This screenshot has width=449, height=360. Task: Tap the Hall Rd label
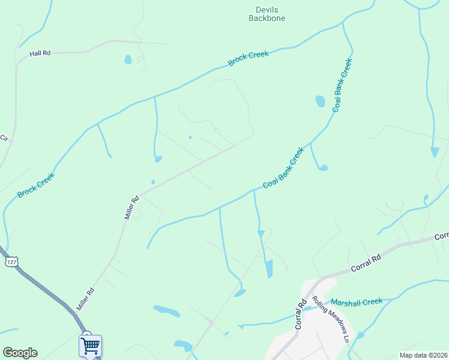click(x=40, y=53)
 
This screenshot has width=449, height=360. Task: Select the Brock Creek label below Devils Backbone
click(x=248, y=58)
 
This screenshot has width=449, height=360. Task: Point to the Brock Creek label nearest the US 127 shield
click(x=36, y=185)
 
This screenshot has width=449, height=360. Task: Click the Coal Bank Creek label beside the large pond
click(x=341, y=85)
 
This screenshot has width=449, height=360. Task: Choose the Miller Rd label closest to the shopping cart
click(x=85, y=299)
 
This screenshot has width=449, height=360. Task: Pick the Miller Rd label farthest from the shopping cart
click(x=131, y=206)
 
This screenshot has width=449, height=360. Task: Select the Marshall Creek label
click(x=357, y=301)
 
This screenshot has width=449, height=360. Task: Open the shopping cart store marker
click(x=90, y=345)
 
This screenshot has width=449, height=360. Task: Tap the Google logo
click(x=20, y=353)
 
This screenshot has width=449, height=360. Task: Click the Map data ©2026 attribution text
click(x=423, y=355)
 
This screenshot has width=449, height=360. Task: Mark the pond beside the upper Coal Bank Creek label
click(x=320, y=101)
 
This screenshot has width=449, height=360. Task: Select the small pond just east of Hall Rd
click(x=128, y=59)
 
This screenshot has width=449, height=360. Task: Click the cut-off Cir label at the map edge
click(x=4, y=138)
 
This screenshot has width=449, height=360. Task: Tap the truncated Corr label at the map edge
click(x=442, y=236)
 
